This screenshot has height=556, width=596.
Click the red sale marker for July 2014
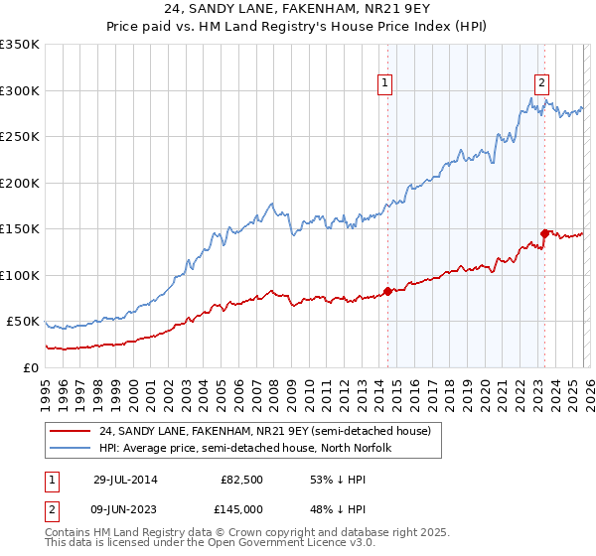pos(387,291)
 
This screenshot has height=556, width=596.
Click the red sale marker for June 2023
pos(543,233)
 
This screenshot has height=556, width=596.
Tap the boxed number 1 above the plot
pos(384,83)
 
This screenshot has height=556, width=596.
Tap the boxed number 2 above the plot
pos(542,83)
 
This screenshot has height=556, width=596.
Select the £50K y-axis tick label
pos(23,322)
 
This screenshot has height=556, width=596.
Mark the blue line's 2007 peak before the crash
pos(269,205)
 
